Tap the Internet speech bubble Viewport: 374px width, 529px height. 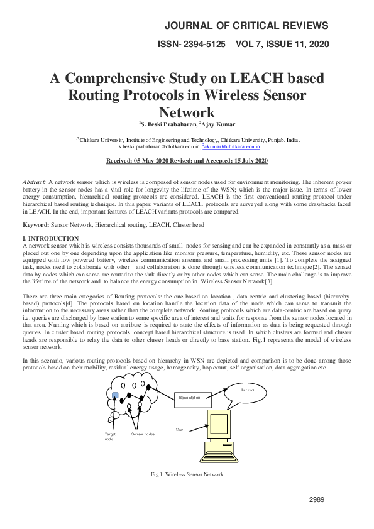(252, 391)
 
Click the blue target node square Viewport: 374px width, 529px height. (114, 395)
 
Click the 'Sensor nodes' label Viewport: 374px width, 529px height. (142, 434)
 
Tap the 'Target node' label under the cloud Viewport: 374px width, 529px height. (111, 437)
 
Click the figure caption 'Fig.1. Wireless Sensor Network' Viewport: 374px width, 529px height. (187, 474)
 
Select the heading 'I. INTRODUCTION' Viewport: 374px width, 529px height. (50, 239)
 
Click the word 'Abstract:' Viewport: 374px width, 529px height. (34, 180)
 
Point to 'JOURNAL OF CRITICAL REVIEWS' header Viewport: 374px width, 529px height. (246, 26)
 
